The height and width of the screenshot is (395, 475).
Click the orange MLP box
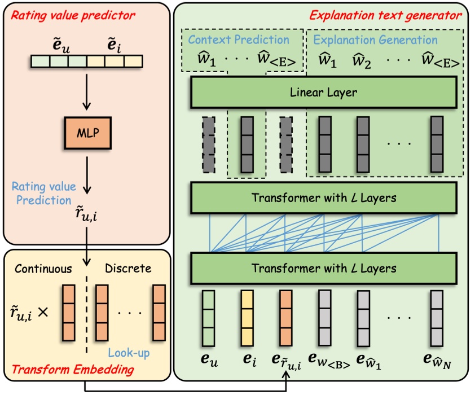point(87,134)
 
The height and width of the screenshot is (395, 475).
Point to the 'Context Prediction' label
point(239,40)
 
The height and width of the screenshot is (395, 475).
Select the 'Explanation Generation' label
point(375,40)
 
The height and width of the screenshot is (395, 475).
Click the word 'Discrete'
point(129,268)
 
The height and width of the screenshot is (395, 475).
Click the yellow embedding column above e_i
point(247,318)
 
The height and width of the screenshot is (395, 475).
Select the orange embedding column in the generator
point(285,318)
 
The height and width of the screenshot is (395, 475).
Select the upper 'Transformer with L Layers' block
point(323,198)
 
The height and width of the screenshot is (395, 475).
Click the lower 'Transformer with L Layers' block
point(323,267)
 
